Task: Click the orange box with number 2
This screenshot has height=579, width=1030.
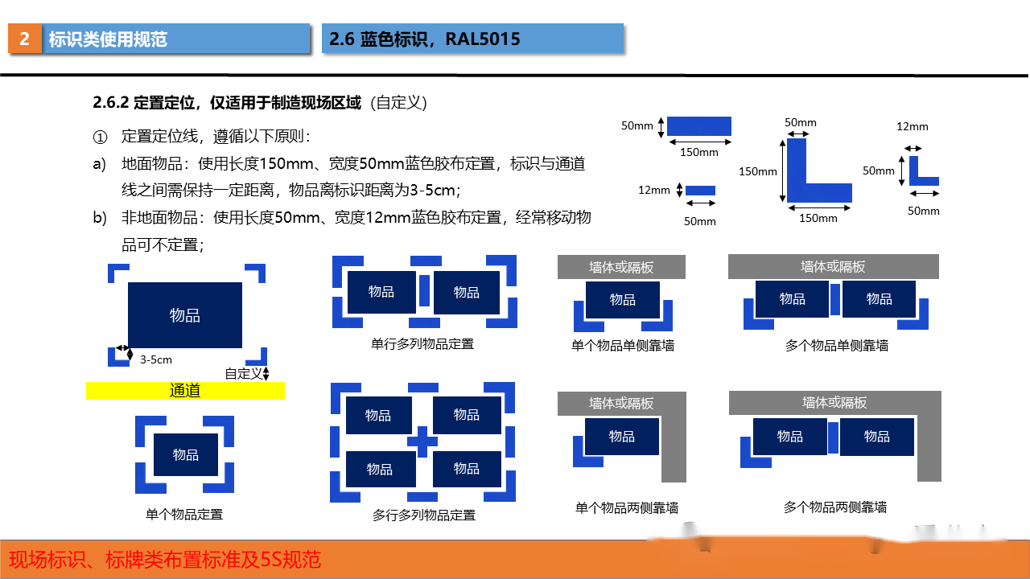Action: click(25, 39)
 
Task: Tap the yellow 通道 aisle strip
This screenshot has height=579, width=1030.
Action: click(185, 391)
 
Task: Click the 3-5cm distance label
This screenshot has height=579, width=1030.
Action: click(156, 359)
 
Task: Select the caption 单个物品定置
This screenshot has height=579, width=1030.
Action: click(184, 514)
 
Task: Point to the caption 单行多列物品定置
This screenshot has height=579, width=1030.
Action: click(422, 343)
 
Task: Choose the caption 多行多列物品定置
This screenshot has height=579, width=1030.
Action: click(424, 515)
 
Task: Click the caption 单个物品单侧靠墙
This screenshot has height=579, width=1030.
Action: click(623, 345)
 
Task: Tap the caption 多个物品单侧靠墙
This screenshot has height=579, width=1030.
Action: click(837, 345)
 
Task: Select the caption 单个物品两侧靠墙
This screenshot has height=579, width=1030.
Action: click(627, 507)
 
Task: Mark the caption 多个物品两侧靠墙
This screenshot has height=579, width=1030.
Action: click(835, 507)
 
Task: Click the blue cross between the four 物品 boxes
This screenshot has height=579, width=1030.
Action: click(422, 442)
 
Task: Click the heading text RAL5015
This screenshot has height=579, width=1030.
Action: click(482, 39)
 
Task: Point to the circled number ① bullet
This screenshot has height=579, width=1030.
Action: click(101, 137)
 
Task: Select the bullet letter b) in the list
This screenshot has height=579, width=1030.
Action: click(100, 217)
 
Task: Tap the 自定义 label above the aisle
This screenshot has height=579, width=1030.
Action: click(243, 374)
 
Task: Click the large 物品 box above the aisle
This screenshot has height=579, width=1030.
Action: click(185, 315)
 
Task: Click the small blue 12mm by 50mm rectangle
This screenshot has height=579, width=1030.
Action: click(700, 191)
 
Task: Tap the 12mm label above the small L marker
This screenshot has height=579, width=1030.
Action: click(913, 126)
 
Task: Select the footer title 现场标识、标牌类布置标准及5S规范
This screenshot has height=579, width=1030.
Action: click(165, 560)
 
